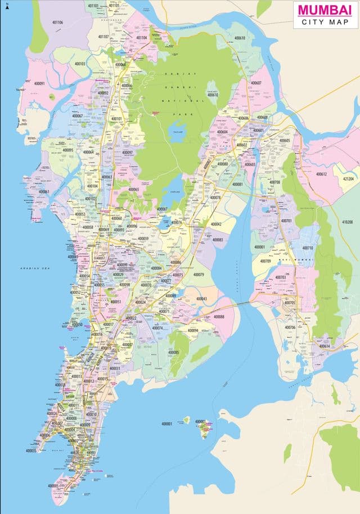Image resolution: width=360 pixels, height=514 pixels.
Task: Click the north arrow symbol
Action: (x=7, y=6)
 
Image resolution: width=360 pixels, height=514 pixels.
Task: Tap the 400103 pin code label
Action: (x=79, y=64)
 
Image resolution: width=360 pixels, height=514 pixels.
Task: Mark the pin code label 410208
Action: (x=347, y=222)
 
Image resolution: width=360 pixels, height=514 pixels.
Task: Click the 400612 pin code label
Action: (x=321, y=174)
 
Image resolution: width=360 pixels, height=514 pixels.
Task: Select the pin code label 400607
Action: (x=256, y=83)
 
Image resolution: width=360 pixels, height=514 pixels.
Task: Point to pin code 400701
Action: (x=286, y=221)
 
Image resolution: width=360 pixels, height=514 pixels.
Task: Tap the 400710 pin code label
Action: (x=308, y=248)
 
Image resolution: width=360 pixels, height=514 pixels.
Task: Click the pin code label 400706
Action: (x=290, y=327)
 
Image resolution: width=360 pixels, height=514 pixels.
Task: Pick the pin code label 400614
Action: (x=325, y=346)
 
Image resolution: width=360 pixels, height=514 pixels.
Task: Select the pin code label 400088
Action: (x=218, y=316)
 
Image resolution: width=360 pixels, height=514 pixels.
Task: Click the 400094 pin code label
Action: (x=192, y=330)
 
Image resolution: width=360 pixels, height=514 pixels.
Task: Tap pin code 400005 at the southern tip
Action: (x=53, y=485)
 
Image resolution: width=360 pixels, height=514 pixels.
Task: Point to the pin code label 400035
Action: (x=31, y=450)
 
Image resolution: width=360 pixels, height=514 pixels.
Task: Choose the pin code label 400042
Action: (x=216, y=224)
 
